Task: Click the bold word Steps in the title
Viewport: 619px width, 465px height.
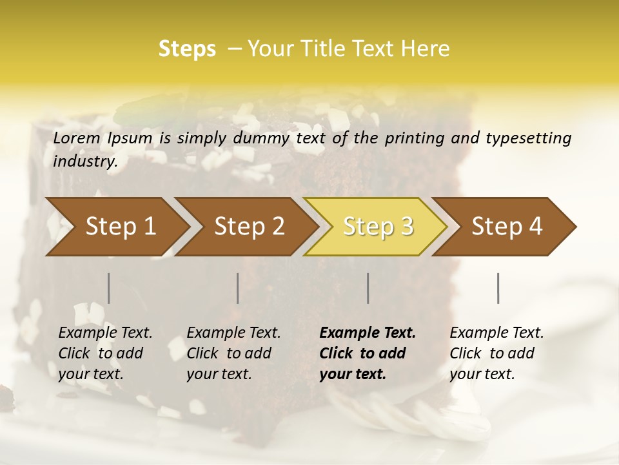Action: (187, 49)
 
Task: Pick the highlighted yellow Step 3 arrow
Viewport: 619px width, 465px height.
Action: (378, 226)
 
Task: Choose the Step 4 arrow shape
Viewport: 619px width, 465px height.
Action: (507, 226)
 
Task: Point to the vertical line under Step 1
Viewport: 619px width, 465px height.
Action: (109, 288)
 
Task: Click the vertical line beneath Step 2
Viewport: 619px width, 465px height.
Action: (238, 288)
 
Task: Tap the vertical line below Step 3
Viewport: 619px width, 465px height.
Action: (368, 288)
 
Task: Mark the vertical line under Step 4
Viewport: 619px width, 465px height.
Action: (498, 288)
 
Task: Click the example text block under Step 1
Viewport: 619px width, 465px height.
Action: (105, 353)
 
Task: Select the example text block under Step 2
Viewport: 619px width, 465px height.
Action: (233, 353)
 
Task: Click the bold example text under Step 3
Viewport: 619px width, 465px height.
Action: (368, 353)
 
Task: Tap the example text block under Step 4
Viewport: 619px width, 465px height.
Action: (496, 353)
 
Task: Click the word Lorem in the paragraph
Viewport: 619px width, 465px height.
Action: (78, 138)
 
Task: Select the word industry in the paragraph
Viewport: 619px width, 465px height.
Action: (85, 161)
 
